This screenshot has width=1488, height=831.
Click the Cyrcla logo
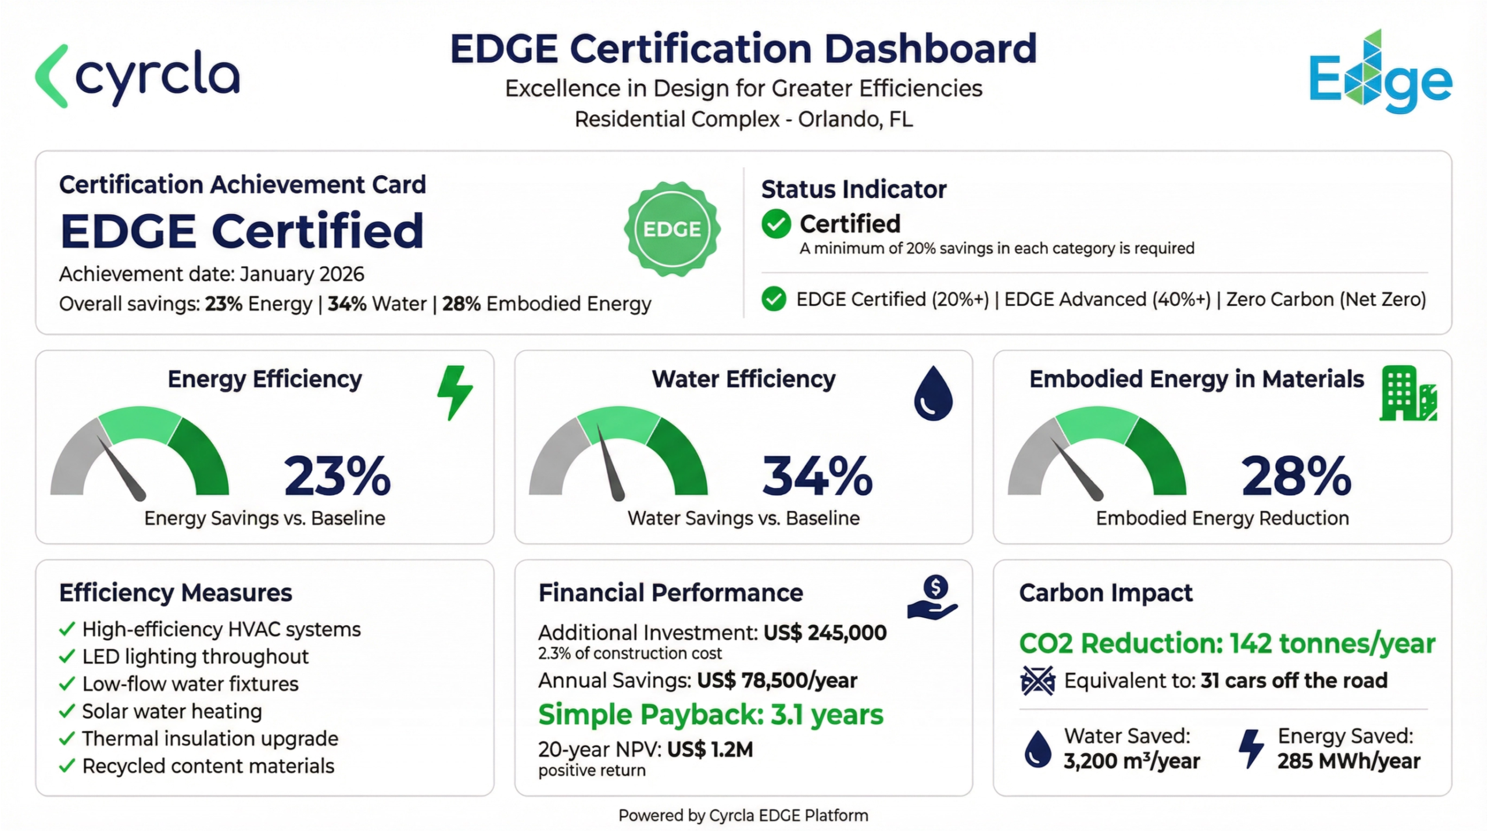coord(137,77)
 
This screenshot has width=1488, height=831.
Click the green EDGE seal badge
coord(672,229)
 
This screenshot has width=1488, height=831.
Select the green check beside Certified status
coord(776,224)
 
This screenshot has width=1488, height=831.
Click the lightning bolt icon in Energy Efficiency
coord(455,392)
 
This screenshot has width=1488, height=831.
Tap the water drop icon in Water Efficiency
coord(933,393)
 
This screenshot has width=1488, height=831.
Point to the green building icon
coord(1407,393)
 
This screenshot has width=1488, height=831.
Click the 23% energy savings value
coord(337,476)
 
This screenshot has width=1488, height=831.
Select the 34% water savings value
coord(817,476)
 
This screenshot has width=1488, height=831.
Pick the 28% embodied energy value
coord(1296,476)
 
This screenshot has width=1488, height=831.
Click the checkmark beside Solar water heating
coord(67,711)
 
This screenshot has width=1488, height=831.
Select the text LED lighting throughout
coord(195,657)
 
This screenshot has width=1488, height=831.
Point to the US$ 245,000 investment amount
coord(825,633)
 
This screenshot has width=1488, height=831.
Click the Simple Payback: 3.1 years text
coord(710,715)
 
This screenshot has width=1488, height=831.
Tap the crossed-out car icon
coord(1038,680)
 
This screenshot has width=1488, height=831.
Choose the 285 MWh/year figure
coord(1348,761)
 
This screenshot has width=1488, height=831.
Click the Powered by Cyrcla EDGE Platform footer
coord(743,815)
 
